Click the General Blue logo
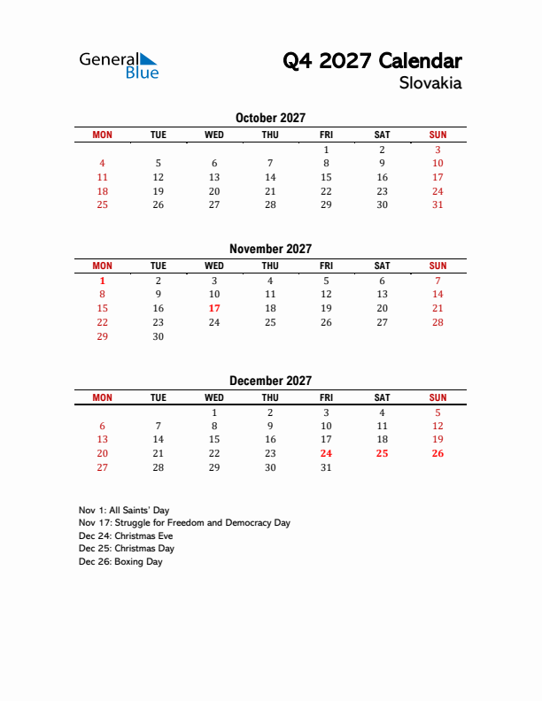[x=119, y=65]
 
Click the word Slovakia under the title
[x=430, y=83]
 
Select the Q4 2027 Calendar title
[x=372, y=61]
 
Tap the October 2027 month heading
[x=270, y=118]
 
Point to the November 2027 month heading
[x=270, y=249]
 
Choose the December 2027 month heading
[x=270, y=381]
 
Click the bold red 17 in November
[x=214, y=308]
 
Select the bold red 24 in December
[x=326, y=453]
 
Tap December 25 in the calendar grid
[x=382, y=453]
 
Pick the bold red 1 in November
[x=102, y=280]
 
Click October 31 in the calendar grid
[x=437, y=204]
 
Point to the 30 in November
[x=159, y=336]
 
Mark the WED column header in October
[x=214, y=135]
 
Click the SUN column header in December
[x=437, y=397]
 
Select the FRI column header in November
[x=326, y=266]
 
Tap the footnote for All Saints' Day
[x=124, y=511]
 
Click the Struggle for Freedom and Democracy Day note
[x=184, y=523]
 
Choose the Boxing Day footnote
[x=120, y=561]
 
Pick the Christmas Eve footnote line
[x=126, y=536]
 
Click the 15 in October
[x=326, y=177]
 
